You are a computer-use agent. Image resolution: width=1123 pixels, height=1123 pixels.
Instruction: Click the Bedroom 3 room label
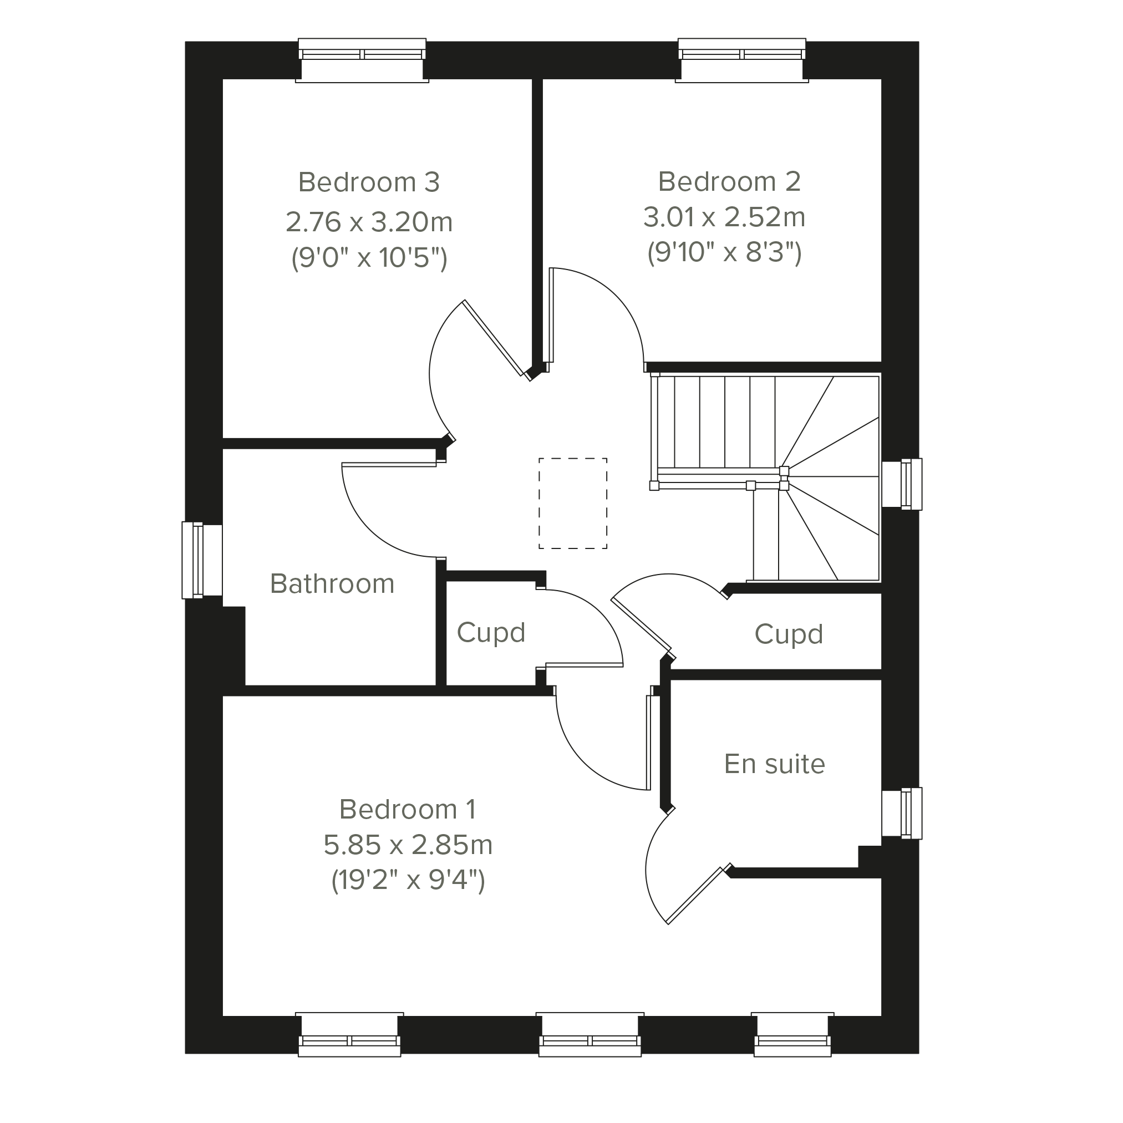point(369,182)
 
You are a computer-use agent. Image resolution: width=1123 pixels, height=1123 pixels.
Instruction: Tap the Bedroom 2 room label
point(729,182)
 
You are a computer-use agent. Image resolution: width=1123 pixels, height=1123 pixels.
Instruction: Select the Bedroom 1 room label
point(408,809)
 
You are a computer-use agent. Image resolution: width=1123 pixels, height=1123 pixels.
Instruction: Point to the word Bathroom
point(332,583)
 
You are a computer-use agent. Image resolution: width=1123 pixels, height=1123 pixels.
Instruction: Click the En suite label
point(774,764)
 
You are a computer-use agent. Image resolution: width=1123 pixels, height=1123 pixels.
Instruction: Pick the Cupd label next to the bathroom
point(491,633)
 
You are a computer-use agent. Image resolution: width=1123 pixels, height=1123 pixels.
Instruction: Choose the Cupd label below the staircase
point(789,635)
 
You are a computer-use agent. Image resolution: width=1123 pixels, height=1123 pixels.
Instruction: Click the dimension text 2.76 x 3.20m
point(369,222)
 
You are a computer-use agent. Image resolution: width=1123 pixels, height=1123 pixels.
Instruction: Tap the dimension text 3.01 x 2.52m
point(724,217)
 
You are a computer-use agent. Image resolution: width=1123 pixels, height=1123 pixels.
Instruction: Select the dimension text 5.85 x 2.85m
point(408,845)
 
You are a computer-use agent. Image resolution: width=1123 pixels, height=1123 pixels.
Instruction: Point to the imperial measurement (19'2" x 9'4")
point(408,881)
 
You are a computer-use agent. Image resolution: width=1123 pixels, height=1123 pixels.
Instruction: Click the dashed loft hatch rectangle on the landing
point(572,459)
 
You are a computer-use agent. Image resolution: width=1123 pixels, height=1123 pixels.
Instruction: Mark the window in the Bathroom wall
point(202,560)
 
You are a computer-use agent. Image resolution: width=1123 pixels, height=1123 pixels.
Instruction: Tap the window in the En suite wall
point(902,813)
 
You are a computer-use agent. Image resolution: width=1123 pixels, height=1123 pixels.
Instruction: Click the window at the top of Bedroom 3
point(362,60)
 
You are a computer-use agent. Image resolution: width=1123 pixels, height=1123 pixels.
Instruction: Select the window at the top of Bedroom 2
point(741,60)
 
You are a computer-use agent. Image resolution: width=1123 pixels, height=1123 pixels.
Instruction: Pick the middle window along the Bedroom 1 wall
point(590,1035)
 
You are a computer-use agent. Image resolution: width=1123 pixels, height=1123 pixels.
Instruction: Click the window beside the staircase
point(902,485)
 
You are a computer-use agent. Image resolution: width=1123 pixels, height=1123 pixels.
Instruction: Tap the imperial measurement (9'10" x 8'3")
point(724,253)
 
